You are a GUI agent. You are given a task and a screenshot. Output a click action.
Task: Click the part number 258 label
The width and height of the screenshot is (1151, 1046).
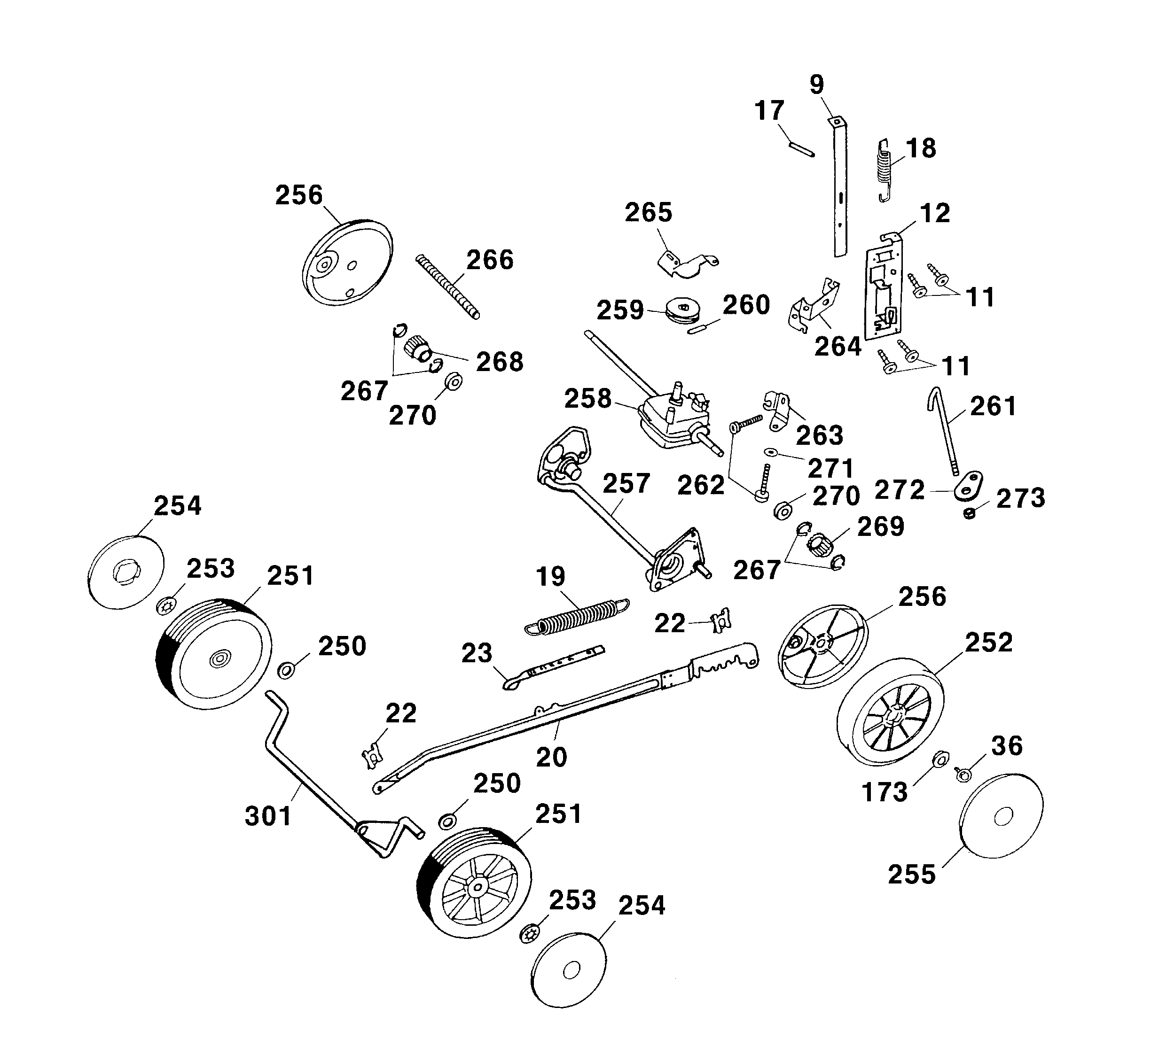click(x=587, y=398)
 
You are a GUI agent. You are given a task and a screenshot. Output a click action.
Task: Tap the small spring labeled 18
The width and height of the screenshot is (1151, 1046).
click(x=884, y=170)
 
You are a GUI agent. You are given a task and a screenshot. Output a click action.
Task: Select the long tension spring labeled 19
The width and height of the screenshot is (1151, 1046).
click(x=577, y=617)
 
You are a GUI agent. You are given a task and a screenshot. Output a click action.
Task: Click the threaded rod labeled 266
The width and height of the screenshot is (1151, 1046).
click(x=447, y=287)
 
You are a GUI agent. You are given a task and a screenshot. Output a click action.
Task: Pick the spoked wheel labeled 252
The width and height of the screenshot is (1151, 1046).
click(x=890, y=720)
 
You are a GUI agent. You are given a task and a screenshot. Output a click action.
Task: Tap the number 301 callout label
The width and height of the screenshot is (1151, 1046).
click(x=268, y=816)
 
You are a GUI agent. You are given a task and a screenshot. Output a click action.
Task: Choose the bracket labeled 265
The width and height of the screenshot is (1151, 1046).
click(x=687, y=263)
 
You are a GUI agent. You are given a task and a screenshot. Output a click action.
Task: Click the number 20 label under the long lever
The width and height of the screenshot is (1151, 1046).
click(x=551, y=757)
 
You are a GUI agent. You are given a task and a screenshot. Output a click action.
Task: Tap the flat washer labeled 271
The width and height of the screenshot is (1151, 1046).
click(x=771, y=452)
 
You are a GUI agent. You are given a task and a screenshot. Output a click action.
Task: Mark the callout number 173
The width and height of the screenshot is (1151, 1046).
click(x=885, y=792)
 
